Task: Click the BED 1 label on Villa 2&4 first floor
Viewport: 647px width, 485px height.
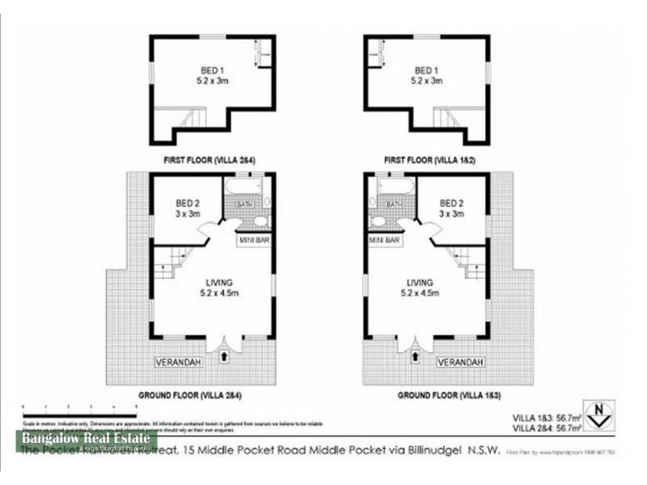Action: (x=213, y=70)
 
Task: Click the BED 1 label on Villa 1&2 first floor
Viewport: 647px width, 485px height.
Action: (x=427, y=70)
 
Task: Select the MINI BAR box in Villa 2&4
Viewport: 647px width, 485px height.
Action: (x=253, y=240)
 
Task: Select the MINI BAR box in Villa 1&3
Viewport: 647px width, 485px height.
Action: (x=386, y=240)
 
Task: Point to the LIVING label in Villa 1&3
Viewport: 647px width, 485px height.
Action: (x=421, y=281)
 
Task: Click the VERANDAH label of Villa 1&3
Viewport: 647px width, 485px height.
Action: (x=461, y=362)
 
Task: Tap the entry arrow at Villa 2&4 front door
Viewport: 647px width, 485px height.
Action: (x=224, y=352)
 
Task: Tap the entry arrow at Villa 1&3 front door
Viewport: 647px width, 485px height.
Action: (x=416, y=352)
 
